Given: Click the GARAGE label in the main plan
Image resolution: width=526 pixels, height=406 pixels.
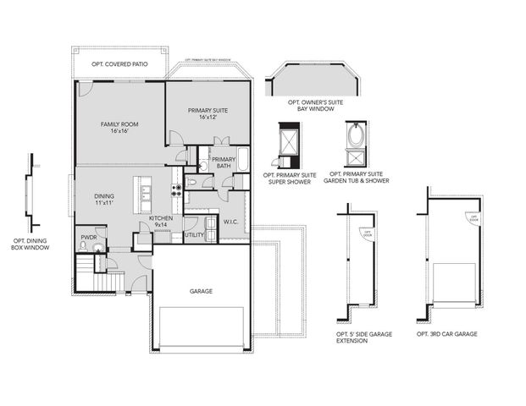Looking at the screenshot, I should (201, 291).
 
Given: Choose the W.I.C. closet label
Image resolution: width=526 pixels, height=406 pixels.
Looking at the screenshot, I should (230, 222).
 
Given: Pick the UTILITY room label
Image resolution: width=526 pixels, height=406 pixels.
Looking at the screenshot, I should (194, 234).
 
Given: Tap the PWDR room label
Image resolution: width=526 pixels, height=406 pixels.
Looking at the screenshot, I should (89, 238).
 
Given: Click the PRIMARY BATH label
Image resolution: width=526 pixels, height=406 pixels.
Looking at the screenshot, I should (223, 162).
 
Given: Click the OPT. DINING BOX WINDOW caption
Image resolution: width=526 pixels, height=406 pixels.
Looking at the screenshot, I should (30, 244).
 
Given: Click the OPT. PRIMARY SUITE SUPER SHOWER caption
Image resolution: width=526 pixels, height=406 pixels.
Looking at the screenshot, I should (291, 179).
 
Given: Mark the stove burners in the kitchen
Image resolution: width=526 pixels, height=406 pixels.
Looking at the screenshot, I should (177, 192).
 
